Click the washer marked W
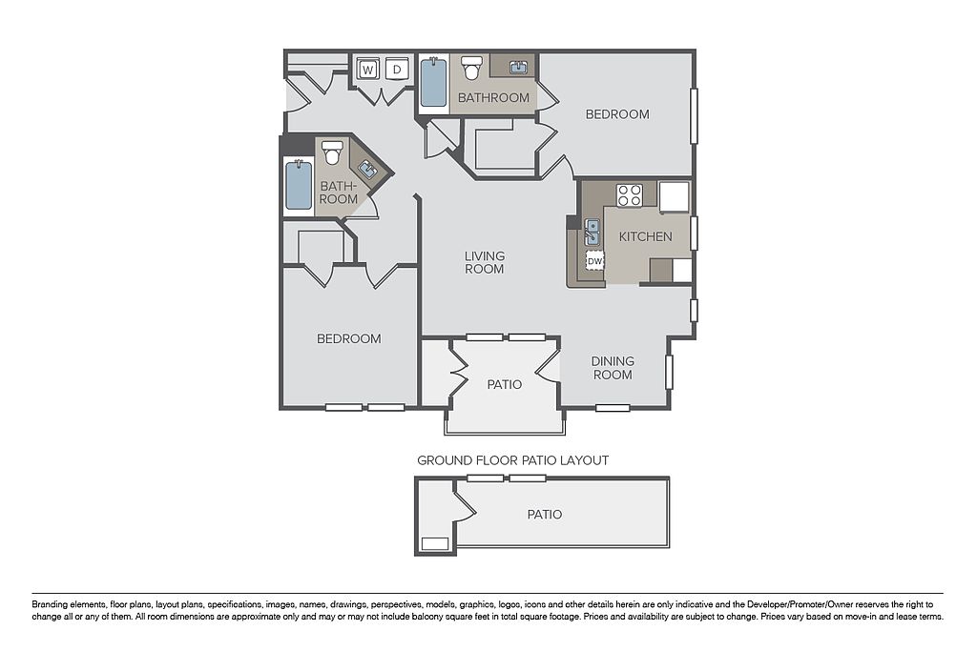tap(367, 70)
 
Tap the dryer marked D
tap(397, 70)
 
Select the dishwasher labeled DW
tap(595, 261)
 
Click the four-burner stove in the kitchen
tap(630, 194)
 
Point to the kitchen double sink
tap(592, 232)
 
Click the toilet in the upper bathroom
tap(471, 68)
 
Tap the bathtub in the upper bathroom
tap(433, 83)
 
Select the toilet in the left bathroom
tap(333, 152)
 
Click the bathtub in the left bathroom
tap(299, 185)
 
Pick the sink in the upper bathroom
tap(518, 68)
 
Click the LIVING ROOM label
tap(484, 262)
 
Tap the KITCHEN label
tap(646, 236)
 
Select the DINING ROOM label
tap(613, 368)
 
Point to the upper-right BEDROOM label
tap(617, 114)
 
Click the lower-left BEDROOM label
tap(349, 338)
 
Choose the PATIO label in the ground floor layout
tap(545, 514)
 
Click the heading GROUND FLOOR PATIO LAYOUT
tap(512, 460)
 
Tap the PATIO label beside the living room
tap(505, 385)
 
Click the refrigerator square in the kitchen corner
tap(675, 196)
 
